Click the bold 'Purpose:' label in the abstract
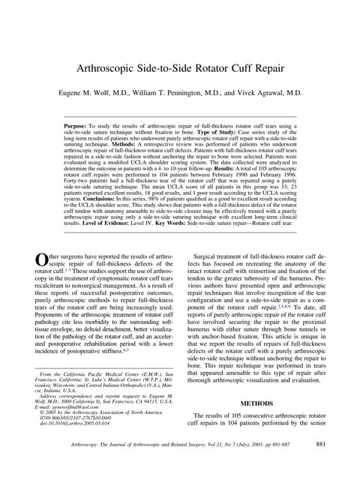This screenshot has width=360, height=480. pyautogui.click(x=79, y=127)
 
